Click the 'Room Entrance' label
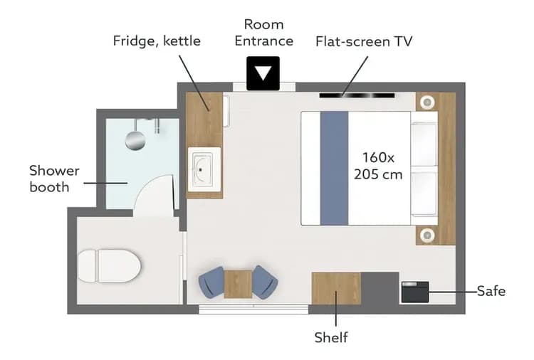263,33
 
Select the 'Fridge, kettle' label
157,41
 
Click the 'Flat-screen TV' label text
364,41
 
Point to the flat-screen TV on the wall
356,95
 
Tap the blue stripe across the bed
334,168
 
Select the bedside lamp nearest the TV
426,102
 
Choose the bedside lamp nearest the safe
426,235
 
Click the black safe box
415,292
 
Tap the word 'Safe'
491,290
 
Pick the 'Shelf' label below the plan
331,337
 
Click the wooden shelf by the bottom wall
336,288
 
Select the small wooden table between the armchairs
238,283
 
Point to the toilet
108,266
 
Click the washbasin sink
204,169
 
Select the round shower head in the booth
135,140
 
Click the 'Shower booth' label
54,179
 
